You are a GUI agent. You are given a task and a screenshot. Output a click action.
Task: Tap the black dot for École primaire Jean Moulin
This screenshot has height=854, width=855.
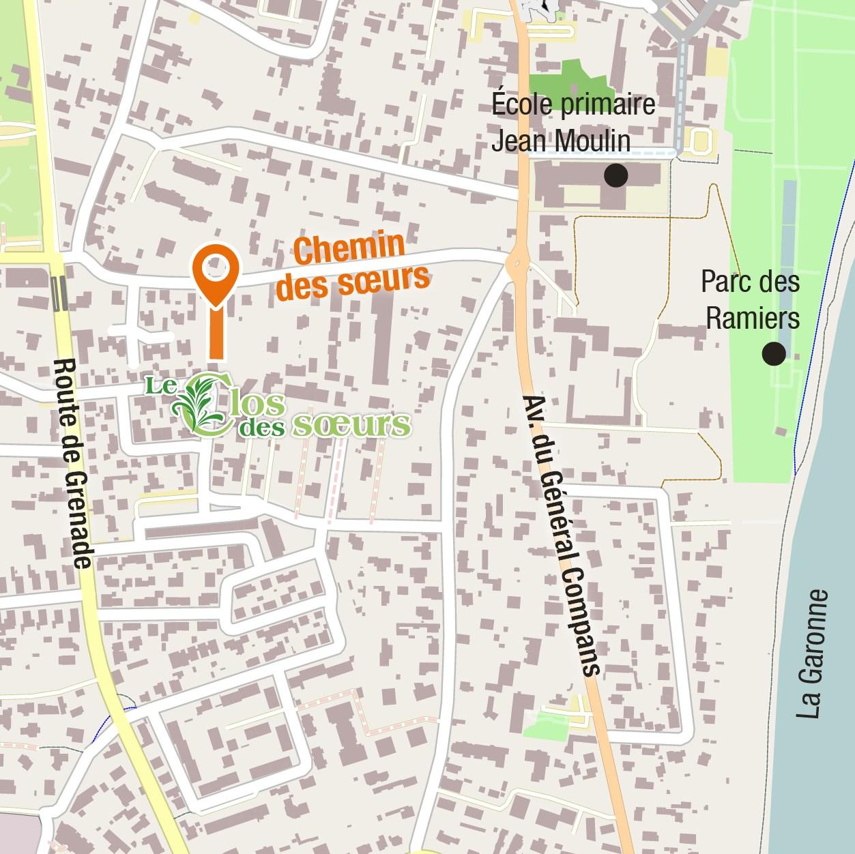615,175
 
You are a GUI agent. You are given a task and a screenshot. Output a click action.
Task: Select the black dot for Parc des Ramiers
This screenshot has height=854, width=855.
774,353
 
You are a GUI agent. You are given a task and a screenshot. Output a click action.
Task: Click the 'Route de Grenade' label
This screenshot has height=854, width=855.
73,464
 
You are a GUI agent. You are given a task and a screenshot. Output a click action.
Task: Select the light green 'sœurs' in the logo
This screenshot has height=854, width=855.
351,424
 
